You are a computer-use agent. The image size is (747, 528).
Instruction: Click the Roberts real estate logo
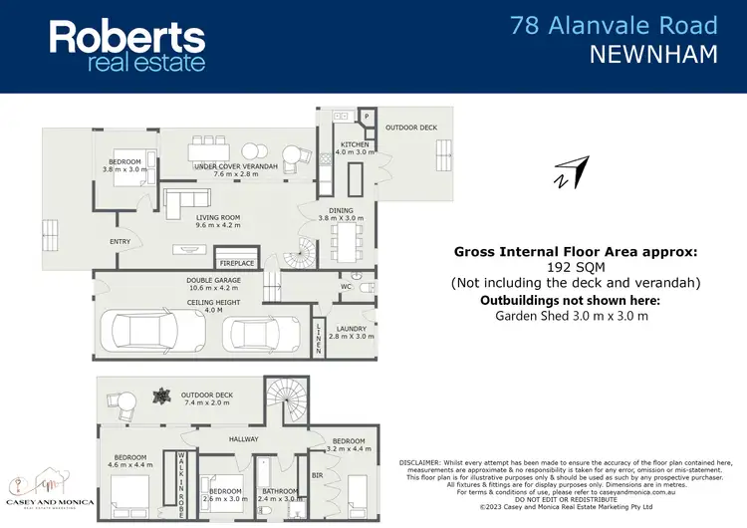127,46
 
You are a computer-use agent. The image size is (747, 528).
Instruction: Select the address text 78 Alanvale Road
614,25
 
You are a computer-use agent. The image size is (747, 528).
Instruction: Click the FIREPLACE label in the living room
236,263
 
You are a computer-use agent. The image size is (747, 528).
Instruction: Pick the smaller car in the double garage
260,333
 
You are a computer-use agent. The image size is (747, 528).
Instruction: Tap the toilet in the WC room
366,287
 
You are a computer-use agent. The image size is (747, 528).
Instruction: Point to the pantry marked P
367,117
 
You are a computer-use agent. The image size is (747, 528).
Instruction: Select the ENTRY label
120,241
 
